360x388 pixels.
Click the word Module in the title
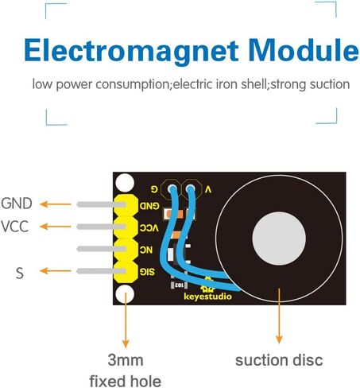pos(304,50)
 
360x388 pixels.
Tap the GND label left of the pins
pos(17,204)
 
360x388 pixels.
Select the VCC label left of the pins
pos(14,227)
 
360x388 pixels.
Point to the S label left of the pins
pos(20,273)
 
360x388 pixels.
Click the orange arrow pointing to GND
pos(56,204)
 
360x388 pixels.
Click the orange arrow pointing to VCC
pos(56,227)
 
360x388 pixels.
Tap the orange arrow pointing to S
pos(56,271)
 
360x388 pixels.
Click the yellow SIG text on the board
pos(147,272)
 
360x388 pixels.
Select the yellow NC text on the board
pos(146,250)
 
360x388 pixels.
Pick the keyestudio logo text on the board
pos(207,296)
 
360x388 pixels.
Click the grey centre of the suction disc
pos(279,239)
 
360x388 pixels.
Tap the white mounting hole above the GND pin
pos(125,183)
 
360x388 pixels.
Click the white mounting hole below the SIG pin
pos(125,294)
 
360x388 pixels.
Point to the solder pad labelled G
pos(172,189)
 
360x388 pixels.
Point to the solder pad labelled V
pos(190,189)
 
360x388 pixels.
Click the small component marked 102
pos(179,285)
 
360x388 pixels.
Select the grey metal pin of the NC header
pos(101,249)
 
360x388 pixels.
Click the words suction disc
pos(279,360)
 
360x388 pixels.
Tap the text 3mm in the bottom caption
pos(126,360)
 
